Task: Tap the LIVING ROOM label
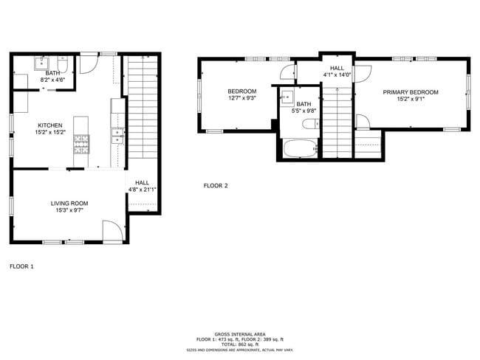click(x=69, y=203)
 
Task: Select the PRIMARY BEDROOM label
click(x=410, y=92)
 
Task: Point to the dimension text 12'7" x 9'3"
click(x=241, y=98)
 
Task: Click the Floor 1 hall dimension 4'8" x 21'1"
click(x=141, y=189)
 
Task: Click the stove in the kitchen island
click(x=80, y=144)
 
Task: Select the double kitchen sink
click(x=117, y=135)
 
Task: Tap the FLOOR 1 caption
click(x=21, y=266)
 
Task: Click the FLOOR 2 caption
click(x=216, y=186)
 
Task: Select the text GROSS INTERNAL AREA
click(x=239, y=333)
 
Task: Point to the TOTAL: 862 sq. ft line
click(x=239, y=345)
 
